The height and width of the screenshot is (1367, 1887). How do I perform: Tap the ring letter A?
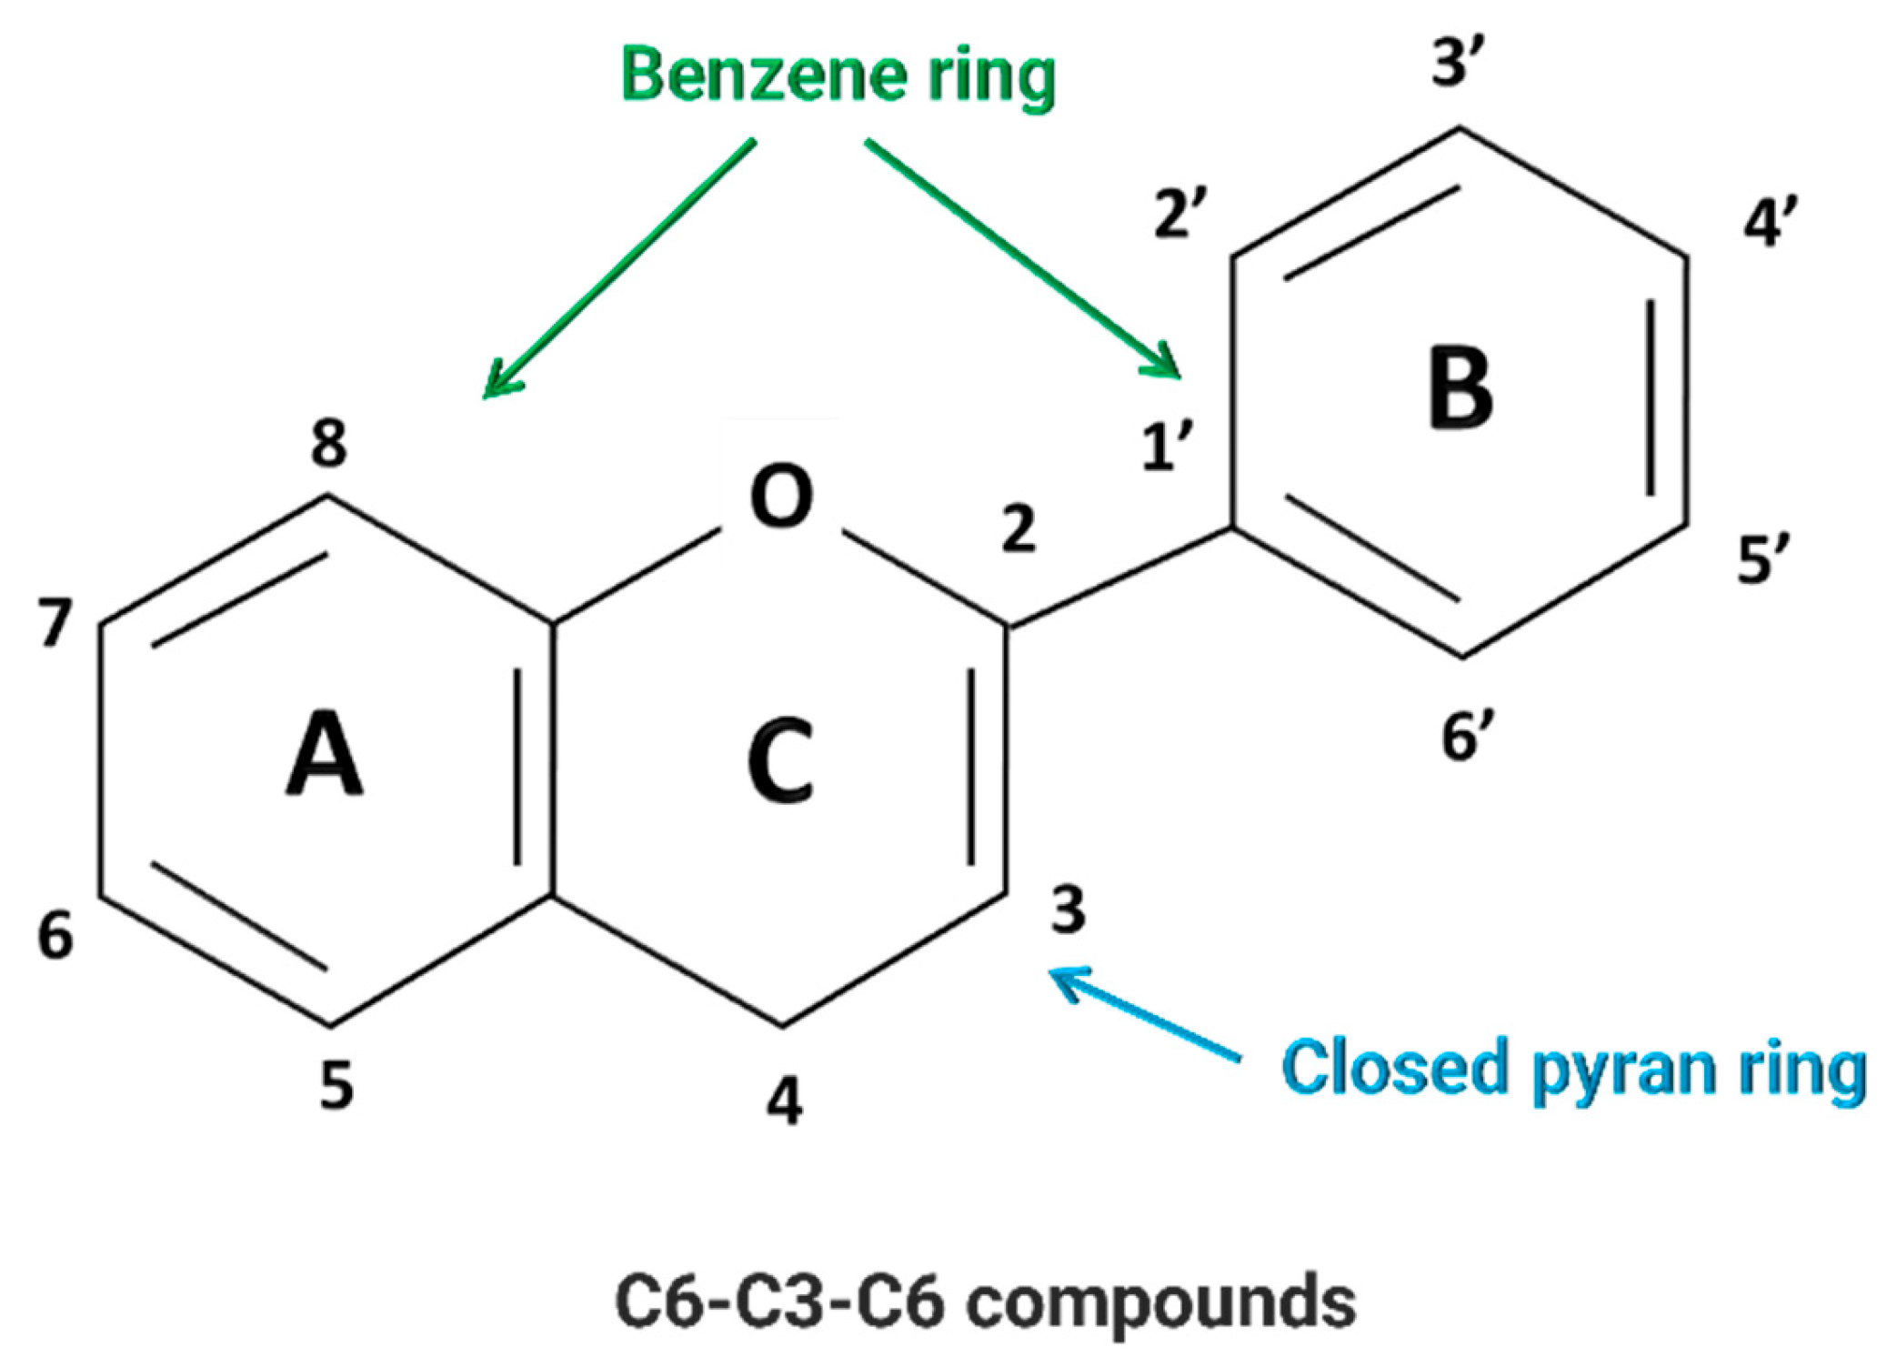325,755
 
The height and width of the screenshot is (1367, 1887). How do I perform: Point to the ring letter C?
779,760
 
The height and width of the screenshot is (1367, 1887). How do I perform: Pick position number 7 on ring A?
55,623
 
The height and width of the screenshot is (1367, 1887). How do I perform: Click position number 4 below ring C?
785,1100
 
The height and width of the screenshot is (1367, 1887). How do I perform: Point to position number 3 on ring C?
1068,910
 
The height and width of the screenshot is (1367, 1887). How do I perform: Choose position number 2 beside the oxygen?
1019,529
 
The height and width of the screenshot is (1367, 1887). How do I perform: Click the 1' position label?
1166,447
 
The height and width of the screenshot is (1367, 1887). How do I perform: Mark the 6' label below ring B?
1467,736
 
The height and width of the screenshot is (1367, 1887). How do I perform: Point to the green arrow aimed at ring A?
618,269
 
